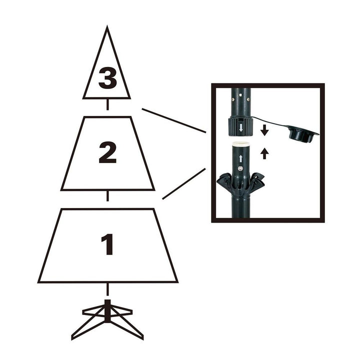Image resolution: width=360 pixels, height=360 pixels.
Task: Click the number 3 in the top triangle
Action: tap(107, 78)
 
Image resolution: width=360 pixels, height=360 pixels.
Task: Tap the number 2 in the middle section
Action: tap(107, 152)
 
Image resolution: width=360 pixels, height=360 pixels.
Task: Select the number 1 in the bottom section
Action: tap(107, 244)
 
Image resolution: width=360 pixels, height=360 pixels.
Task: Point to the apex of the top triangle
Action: tap(107, 28)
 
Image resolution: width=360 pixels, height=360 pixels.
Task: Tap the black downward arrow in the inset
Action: tap(264, 131)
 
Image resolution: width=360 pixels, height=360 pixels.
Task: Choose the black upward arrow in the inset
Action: tap(264, 153)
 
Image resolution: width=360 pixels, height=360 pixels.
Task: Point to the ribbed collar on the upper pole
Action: tap(241, 125)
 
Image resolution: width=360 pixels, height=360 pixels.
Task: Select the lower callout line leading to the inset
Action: tap(183, 183)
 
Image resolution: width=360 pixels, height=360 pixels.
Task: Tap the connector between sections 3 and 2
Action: tap(107, 105)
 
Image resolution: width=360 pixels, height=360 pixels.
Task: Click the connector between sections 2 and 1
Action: tap(107, 196)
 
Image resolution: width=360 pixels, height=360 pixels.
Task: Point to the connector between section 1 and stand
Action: tap(107, 289)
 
